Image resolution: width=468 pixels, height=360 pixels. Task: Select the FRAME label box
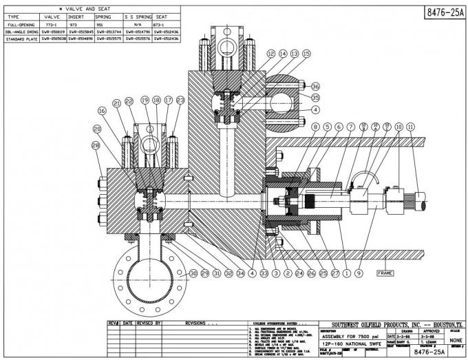pyautogui.click(x=385, y=273)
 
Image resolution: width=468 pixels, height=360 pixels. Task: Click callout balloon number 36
pyautogui.click(x=316, y=86)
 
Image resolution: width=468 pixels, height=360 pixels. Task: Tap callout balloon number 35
pyautogui.click(x=316, y=98)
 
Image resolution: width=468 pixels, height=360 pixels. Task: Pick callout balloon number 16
pyautogui.click(x=101, y=110)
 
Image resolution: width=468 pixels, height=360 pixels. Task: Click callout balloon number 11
pyautogui.click(x=411, y=127)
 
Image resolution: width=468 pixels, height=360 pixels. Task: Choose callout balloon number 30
pyautogui.click(x=193, y=273)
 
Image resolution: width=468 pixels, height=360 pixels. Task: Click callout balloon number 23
pyautogui.click(x=180, y=100)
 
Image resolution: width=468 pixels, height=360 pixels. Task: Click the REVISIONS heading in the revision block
pyautogui.click(x=203, y=322)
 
